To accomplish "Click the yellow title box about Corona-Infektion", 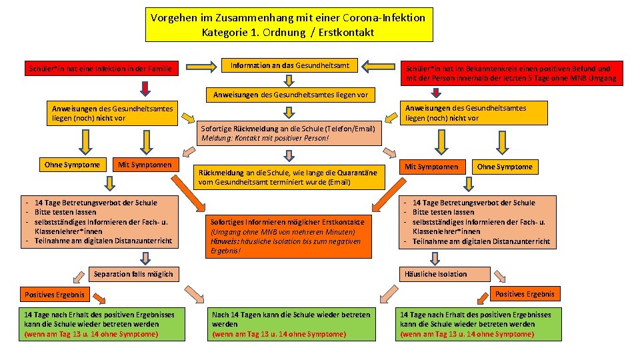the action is pos(288,25).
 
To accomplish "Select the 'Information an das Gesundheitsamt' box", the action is pos(288,65).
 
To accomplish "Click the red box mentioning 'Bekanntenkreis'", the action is pos(511,73).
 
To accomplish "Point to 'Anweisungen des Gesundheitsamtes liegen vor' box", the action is pos(290,95).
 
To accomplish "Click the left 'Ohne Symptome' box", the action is pos(72,165).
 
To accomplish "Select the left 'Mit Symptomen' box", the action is pos(145,165).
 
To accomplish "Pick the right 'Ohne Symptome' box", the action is pos(505,167).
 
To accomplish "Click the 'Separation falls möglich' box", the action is pos(133,274).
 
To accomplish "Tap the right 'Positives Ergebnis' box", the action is pos(525,294).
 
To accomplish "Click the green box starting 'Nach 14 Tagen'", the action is pos(291,324).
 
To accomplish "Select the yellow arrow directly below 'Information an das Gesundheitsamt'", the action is pos(288,80).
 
